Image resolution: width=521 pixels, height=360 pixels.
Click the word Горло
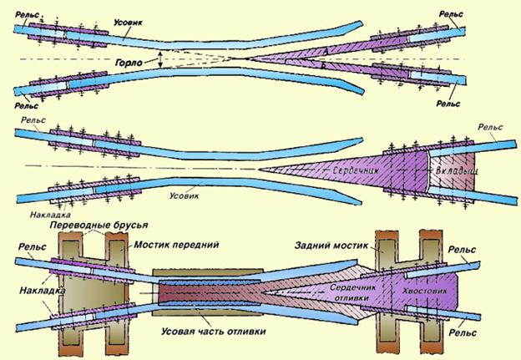130,63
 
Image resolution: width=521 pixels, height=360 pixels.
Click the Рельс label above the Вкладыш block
490,127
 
